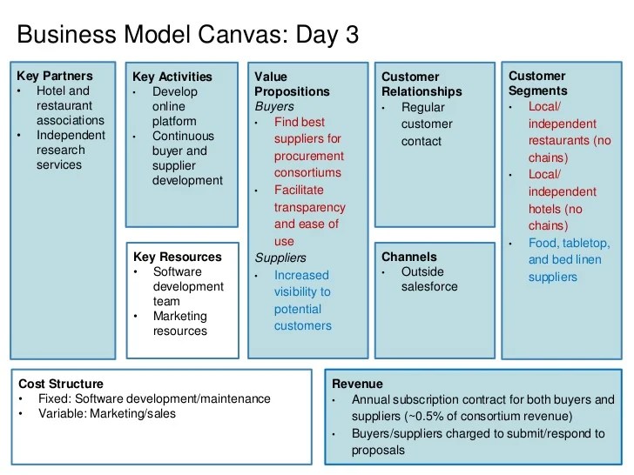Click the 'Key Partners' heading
tap(54, 76)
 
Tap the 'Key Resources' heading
tap(177, 257)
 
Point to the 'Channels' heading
tap(408, 257)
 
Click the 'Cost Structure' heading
tap(60, 384)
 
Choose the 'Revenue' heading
tap(356, 384)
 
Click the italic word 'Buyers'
tap(273, 107)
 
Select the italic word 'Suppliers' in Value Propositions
tap(280, 258)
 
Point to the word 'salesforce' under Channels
tap(429, 286)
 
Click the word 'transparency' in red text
tap(309, 207)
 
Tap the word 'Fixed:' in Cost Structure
tap(56, 398)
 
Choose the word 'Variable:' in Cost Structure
tap(64, 413)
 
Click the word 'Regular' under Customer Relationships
tap(422, 107)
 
